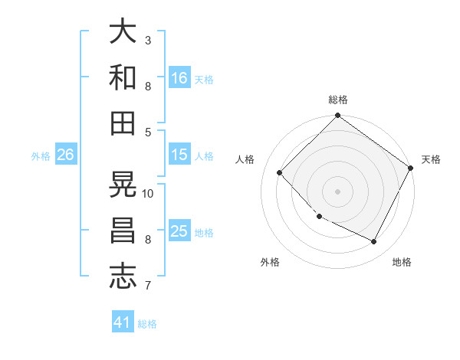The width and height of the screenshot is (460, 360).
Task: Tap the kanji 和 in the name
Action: click(123, 77)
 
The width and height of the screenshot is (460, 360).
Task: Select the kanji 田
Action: click(123, 123)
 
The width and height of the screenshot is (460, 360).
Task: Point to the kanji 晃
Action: click(123, 184)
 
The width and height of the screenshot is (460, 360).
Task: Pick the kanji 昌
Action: click(123, 231)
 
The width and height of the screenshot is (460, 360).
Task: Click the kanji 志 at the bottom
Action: click(123, 277)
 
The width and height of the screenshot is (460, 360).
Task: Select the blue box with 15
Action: click(179, 155)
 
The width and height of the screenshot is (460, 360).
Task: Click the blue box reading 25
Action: click(179, 231)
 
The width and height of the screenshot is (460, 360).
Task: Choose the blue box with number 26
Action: click(65, 155)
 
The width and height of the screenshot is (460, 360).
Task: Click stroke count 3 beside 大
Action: click(148, 40)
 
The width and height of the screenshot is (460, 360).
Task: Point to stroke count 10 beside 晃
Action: click(148, 193)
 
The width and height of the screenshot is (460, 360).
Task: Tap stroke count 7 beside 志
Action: click(148, 286)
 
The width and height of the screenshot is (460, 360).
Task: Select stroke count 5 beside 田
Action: click(148, 132)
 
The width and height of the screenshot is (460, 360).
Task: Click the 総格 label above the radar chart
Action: click(338, 100)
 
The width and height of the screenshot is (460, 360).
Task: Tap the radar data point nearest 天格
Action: click(411, 169)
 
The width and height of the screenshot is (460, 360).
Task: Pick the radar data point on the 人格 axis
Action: click(280, 173)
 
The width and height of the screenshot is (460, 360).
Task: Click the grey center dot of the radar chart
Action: click(337, 191)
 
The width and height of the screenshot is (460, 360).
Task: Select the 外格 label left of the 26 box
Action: click(41, 155)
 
